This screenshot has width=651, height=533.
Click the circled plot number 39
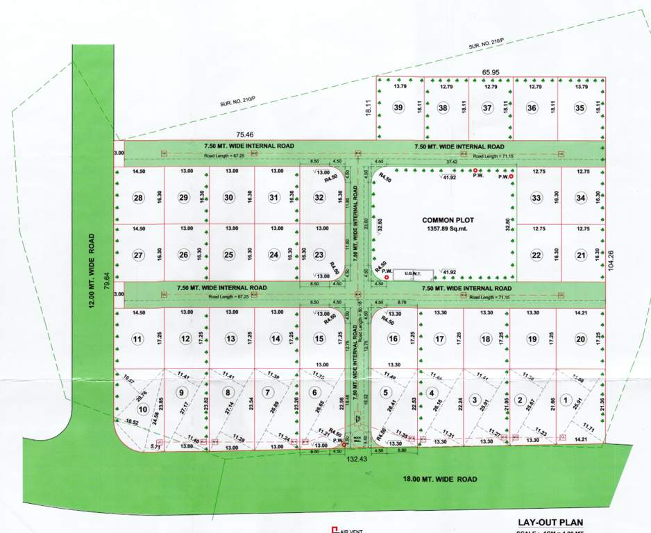point(398,108)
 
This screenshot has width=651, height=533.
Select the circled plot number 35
point(581,108)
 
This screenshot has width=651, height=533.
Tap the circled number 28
point(139,198)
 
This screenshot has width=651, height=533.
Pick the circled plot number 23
point(319,255)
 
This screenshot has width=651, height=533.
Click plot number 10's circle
point(143,409)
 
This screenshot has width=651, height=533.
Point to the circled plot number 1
point(566,400)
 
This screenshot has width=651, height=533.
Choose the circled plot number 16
point(394,339)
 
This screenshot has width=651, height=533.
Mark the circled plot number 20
point(580,339)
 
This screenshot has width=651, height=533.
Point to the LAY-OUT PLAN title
point(550,523)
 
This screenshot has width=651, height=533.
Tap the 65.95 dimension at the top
point(491,71)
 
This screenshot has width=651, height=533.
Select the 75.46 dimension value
point(245,134)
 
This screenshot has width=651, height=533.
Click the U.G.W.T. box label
point(413,274)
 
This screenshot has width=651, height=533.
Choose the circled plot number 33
point(536,198)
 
